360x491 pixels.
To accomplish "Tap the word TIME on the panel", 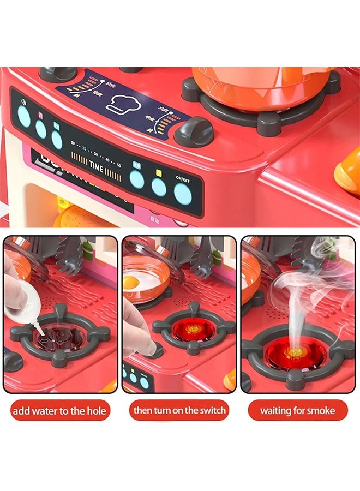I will [97, 167].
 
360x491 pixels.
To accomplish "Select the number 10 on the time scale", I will [73, 143].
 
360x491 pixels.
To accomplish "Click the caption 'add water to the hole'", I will [60, 410].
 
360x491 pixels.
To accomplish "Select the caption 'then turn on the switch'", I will [179, 410].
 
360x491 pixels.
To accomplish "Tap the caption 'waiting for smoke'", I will [297, 410].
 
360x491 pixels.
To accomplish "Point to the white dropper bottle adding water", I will [24, 306].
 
